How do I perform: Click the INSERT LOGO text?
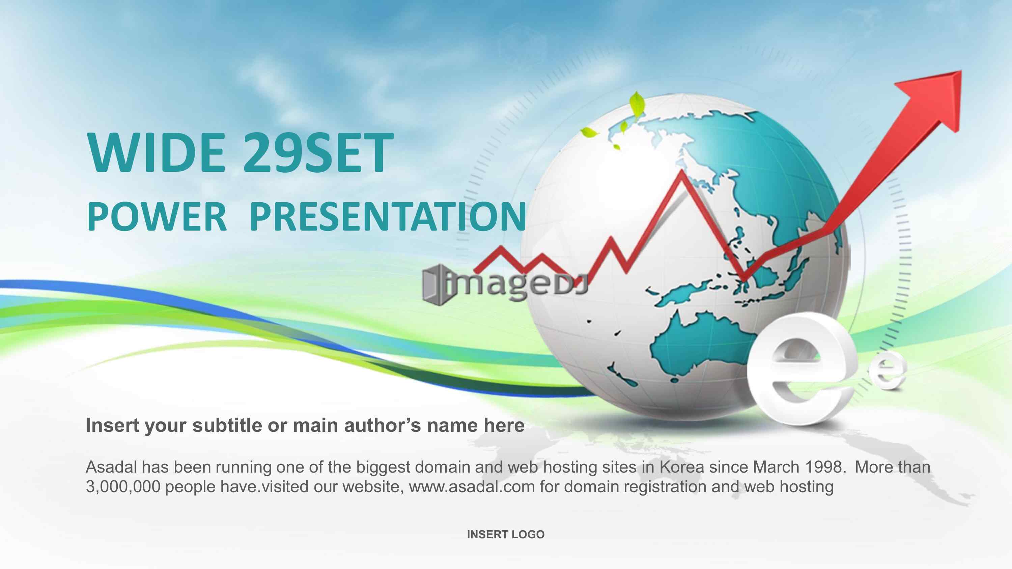(x=506, y=534)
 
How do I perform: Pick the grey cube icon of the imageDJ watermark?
(x=435, y=285)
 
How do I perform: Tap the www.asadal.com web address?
(x=472, y=487)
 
